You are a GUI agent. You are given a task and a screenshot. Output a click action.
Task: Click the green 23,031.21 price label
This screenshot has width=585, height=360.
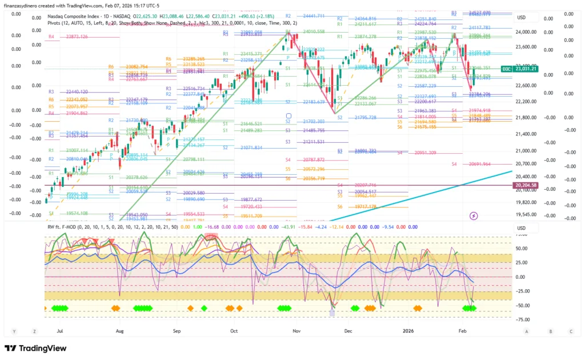coord(526,69)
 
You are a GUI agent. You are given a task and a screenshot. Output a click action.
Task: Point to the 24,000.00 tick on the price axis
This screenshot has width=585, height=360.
coord(526,32)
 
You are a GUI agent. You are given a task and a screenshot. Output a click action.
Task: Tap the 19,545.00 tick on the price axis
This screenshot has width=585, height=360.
coord(526,215)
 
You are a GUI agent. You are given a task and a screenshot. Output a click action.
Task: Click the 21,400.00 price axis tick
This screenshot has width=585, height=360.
coord(526,134)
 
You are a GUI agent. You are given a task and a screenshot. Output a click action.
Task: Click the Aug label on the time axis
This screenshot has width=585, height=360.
coord(119,331)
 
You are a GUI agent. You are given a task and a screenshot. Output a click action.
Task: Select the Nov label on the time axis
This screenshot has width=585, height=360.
coord(296,331)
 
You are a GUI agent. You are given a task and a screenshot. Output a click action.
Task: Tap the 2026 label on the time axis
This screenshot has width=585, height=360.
coord(407,331)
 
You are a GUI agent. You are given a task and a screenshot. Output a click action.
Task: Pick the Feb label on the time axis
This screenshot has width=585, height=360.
coord(463,331)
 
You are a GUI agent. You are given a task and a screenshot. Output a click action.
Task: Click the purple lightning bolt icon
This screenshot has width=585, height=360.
coord(474,215)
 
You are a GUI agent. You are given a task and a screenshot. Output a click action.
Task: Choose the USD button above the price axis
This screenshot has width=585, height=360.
coord(521,18)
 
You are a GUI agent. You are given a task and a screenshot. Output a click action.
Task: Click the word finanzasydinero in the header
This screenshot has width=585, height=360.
coord(23,6)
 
